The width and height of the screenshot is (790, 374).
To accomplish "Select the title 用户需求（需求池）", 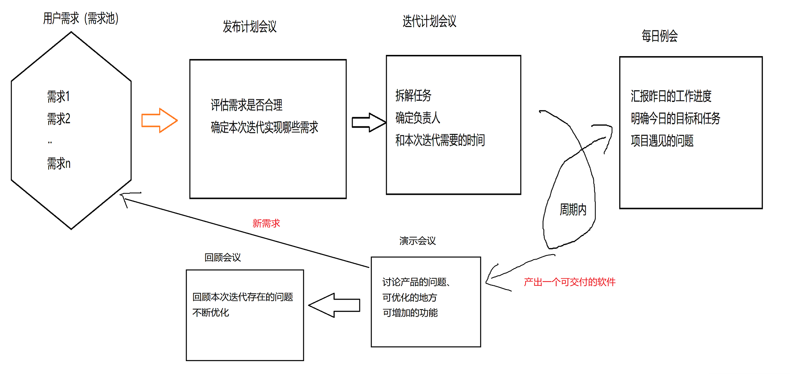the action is pyautogui.click(x=81, y=18).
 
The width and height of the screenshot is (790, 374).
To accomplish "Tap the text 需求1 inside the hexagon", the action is pyautogui.click(x=58, y=97).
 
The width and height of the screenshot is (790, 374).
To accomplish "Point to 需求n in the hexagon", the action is pyautogui.click(x=59, y=163).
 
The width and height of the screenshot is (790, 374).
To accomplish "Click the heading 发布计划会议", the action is pyautogui.click(x=249, y=27).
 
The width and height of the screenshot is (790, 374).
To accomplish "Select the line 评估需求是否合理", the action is pyautogui.click(x=247, y=105).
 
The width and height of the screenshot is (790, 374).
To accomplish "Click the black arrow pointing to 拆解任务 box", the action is pyautogui.click(x=368, y=122).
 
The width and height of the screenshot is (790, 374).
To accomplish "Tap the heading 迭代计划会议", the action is pyautogui.click(x=429, y=21).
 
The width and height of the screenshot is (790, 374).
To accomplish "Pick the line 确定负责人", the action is pyautogui.click(x=417, y=118).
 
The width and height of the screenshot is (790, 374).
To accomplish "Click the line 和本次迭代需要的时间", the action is pyautogui.click(x=440, y=140).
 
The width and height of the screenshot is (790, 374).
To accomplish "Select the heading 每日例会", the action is pyautogui.click(x=659, y=36).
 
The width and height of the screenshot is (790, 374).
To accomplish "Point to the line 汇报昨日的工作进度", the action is pyautogui.click(x=671, y=96).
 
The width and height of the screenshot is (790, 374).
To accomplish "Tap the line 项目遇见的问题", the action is pyautogui.click(x=662, y=141).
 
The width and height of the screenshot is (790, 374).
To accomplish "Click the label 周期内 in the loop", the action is pyautogui.click(x=573, y=209).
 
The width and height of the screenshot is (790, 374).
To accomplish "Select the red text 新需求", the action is pyautogui.click(x=266, y=223).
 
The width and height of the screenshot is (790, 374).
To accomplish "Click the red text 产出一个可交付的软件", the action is pyautogui.click(x=570, y=282).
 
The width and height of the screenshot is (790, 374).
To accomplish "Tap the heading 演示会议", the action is pyautogui.click(x=417, y=241).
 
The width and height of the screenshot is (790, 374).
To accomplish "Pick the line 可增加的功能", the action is pyautogui.click(x=410, y=313).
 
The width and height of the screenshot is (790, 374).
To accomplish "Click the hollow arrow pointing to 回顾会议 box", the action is pyautogui.click(x=334, y=305).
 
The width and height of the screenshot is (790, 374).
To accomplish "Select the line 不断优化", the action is pyautogui.click(x=211, y=312).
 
